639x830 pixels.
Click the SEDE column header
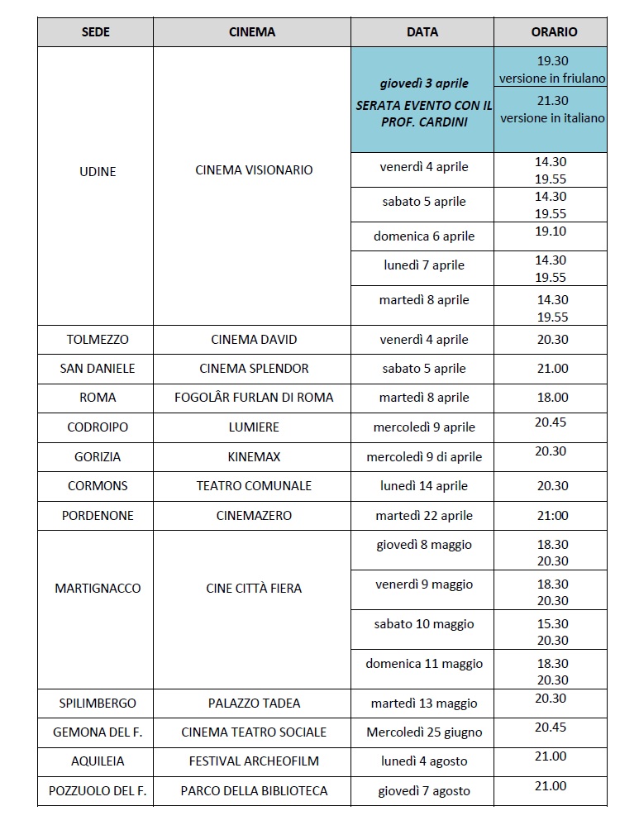pyautogui.click(x=96, y=32)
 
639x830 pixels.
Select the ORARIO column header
pyautogui.click(x=553, y=32)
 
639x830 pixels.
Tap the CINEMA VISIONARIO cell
pyautogui.click(x=254, y=170)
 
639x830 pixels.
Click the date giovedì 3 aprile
pyautogui.click(x=423, y=83)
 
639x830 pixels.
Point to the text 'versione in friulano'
pyautogui.click(x=552, y=78)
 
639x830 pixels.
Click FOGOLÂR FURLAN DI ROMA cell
pyautogui.click(x=254, y=398)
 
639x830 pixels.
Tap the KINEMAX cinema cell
pyautogui.click(x=254, y=456)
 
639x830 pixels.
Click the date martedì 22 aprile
pyautogui.click(x=423, y=516)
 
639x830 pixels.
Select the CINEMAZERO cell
pyautogui.click(x=254, y=516)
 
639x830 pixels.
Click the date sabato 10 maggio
pyautogui.click(x=423, y=624)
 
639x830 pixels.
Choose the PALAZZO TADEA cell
pyautogui.click(x=254, y=704)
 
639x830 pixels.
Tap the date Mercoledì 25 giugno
pyautogui.click(x=423, y=732)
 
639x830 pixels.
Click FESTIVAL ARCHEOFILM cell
pyautogui.click(x=254, y=761)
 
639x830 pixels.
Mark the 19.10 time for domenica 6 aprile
pyautogui.click(x=551, y=231)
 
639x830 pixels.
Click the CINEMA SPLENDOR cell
pyautogui.click(x=254, y=369)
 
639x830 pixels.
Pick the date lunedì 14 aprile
pyautogui.click(x=423, y=486)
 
